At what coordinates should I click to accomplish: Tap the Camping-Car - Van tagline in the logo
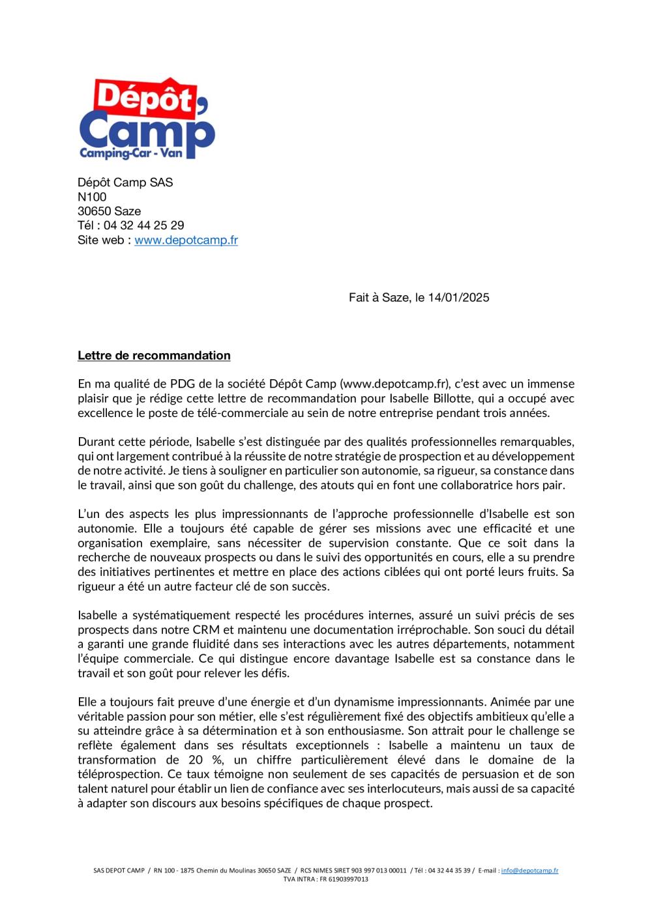131,154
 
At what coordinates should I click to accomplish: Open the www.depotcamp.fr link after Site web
186,240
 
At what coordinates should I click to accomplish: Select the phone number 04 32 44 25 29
143,225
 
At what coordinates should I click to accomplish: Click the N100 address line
92,197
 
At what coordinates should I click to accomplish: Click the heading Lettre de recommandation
154,355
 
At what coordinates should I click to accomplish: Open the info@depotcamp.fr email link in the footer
529,871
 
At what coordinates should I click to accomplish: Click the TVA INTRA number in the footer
344,879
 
